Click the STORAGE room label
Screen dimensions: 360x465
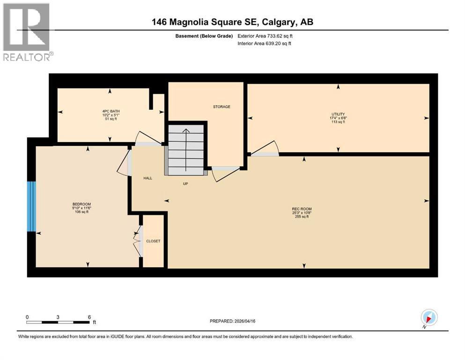click(221, 107)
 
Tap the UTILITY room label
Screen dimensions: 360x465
click(338, 114)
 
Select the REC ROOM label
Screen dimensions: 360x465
click(302, 209)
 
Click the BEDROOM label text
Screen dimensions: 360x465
click(81, 204)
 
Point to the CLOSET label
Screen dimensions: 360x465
click(153, 241)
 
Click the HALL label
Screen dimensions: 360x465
click(148, 178)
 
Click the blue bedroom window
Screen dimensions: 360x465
click(31, 207)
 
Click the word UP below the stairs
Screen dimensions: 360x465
click(185, 184)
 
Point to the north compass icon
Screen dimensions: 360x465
click(429, 317)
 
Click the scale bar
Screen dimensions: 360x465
click(58, 322)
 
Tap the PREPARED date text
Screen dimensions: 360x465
click(233, 321)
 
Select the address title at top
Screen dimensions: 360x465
click(232, 22)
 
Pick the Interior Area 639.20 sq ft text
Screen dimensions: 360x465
click(265, 44)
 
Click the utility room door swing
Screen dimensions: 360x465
click(265, 149)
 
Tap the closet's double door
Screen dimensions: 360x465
click(138, 241)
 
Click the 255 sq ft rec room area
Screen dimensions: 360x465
click(302, 217)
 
